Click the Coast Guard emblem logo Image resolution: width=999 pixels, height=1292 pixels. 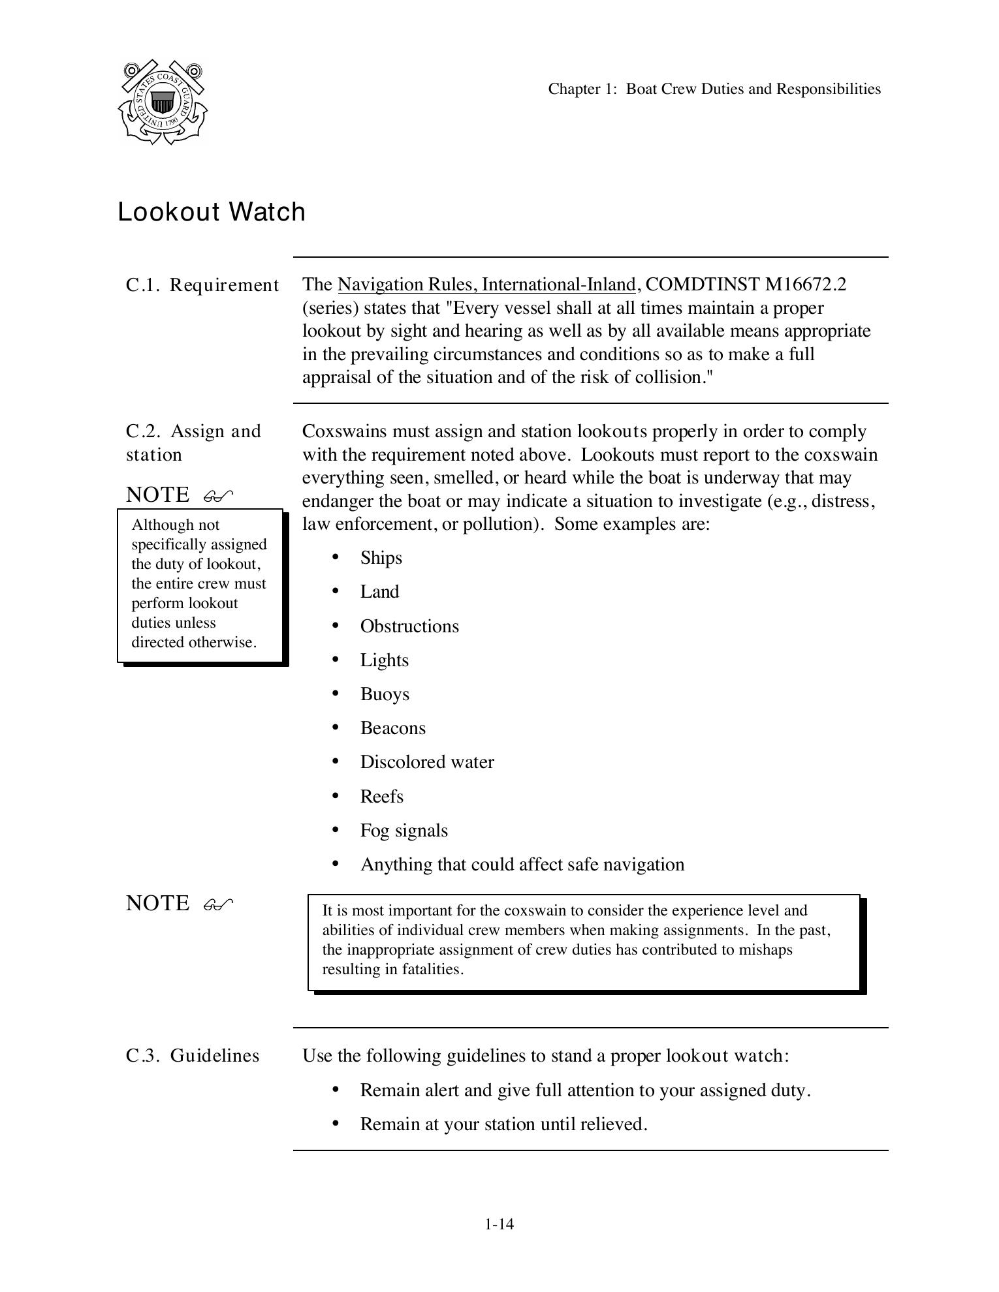[x=163, y=102]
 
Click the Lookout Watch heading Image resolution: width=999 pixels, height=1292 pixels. [x=212, y=212]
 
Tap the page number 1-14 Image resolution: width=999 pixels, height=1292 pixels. [x=499, y=1224]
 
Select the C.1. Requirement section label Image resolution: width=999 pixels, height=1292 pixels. [x=202, y=285]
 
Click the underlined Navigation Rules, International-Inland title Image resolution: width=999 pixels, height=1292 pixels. [x=486, y=285]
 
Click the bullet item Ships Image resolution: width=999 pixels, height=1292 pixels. [x=381, y=558]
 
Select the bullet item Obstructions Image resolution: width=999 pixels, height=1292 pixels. [x=409, y=626]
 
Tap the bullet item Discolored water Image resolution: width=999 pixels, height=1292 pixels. [x=427, y=762]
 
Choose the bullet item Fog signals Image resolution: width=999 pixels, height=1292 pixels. [x=404, y=831]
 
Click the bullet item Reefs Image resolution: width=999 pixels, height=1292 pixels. [x=382, y=797]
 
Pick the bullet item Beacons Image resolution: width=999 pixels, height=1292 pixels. [x=393, y=728]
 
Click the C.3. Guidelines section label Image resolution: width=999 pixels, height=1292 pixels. [x=193, y=1056]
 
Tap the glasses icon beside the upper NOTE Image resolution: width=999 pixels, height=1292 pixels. [x=218, y=497]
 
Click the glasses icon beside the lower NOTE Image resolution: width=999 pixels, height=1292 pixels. [x=218, y=904]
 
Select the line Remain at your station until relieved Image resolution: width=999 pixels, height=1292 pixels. [x=503, y=1124]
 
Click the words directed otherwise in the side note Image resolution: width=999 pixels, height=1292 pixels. [x=194, y=642]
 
